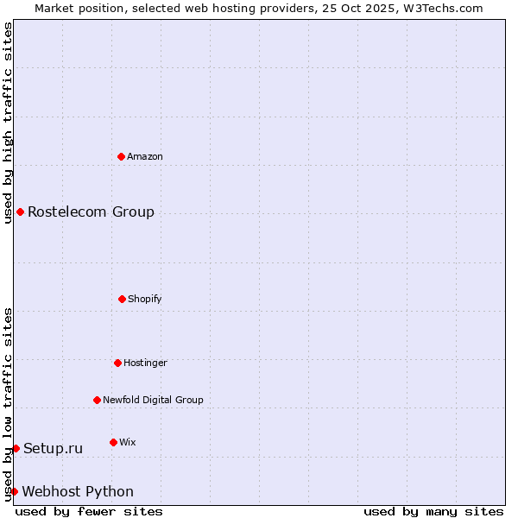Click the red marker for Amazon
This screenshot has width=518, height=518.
[122, 156]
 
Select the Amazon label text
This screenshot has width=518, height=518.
[145, 157]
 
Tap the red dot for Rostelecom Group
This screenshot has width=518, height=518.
[20, 212]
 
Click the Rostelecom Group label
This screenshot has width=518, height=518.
[91, 212]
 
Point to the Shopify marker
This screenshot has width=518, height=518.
[122, 299]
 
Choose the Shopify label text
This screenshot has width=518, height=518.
[145, 300]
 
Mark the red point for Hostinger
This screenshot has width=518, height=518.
[117, 363]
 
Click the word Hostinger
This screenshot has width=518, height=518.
[145, 363]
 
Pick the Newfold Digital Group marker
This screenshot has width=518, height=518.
[97, 400]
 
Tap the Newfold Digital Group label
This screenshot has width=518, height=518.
[153, 401]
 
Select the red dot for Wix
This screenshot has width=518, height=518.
[113, 442]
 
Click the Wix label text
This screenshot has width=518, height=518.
[128, 443]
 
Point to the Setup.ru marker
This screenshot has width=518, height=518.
[16, 448]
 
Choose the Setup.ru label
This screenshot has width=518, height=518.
[53, 449]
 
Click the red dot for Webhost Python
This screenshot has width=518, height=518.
[14, 491]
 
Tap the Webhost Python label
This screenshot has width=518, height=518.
[78, 492]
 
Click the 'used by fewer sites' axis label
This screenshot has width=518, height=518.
[89, 511]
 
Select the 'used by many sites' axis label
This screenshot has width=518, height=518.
[433, 511]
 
